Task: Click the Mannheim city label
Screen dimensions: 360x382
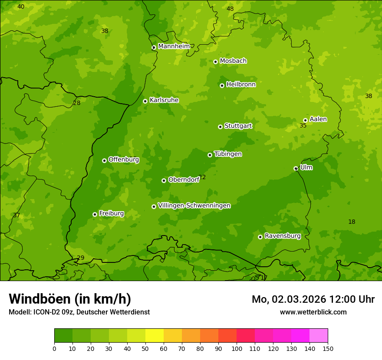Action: [174, 46]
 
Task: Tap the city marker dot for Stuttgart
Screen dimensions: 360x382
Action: [220, 127]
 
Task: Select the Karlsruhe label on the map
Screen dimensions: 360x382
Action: [164, 100]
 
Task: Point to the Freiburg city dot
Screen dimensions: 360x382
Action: [95, 214]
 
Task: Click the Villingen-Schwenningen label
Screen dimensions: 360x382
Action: [194, 206]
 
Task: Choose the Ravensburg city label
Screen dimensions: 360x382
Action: [282, 236]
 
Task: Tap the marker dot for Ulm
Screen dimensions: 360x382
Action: [296, 168]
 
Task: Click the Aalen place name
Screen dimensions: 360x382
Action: [318, 119]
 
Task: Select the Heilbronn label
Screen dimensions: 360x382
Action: [241, 85]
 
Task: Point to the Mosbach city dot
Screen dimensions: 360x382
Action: [215, 62]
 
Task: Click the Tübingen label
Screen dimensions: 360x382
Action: [228, 154]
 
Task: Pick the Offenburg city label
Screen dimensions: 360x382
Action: [124, 160]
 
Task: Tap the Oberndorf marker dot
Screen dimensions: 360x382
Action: [164, 180]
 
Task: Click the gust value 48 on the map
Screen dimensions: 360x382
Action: [230, 9]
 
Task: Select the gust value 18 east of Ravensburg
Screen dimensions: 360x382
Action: [352, 222]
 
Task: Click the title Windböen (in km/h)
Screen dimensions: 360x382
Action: [70, 299]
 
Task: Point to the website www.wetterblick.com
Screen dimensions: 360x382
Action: [313, 312]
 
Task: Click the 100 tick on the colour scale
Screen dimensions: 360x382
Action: [237, 348]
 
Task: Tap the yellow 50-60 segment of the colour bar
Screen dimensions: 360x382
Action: [155, 336]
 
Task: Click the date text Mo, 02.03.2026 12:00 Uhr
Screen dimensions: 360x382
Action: [313, 299]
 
